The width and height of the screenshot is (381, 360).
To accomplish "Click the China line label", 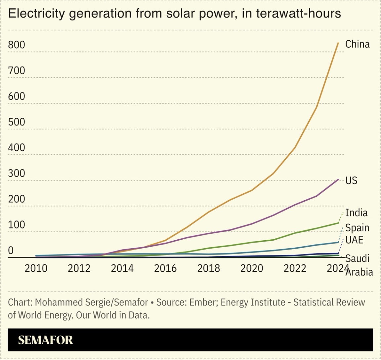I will (x=357, y=44).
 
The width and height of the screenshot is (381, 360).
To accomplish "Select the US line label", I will (x=351, y=180).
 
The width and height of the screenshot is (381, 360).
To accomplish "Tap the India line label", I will (x=356, y=213).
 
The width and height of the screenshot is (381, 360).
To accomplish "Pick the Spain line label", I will (x=357, y=228).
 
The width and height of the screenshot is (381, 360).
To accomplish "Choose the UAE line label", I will (x=354, y=240).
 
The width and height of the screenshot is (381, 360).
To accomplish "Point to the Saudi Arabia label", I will (x=359, y=265).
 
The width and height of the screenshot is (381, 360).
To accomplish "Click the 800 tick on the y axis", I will (x=17, y=45).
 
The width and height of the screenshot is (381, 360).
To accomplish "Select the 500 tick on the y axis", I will (x=17, y=122).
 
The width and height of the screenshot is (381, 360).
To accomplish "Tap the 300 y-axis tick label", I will (x=17, y=173).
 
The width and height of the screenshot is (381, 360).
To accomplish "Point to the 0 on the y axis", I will (x=11, y=250).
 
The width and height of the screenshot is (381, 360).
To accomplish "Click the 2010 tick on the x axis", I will (x=36, y=268).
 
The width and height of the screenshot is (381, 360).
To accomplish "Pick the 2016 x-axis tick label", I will (x=165, y=268).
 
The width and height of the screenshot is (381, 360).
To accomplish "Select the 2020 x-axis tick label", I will (x=252, y=268).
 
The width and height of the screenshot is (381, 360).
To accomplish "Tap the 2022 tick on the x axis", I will (x=295, y=268).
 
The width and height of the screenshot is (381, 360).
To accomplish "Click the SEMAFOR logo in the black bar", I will (x=45, y=340).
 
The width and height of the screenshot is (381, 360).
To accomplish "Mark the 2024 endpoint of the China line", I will (x=338, y=43).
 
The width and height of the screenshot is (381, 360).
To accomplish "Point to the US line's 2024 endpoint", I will (x=338, y=180).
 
